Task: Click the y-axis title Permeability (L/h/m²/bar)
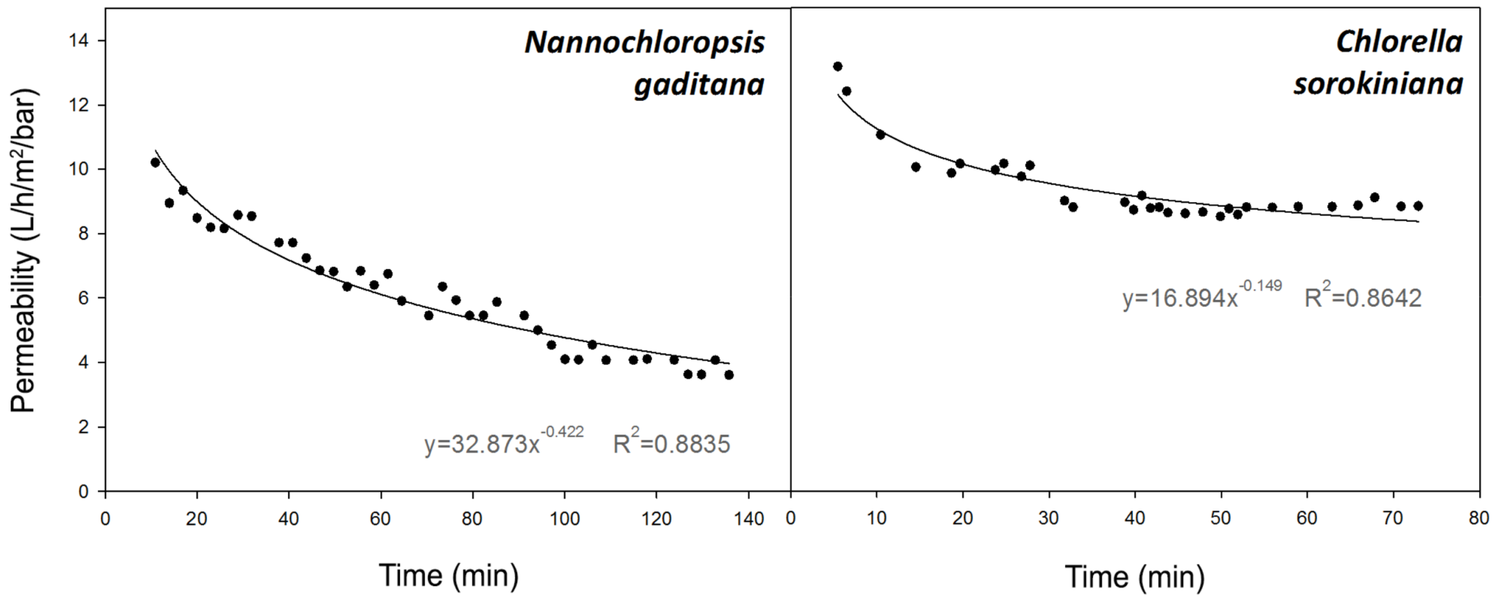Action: (x=24, y=250)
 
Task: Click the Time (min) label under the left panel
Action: (x=449, y=576)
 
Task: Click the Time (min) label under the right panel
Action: (x=1134, y=577)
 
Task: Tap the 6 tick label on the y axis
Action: (x=83, y=298)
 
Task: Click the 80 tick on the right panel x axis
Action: (x=1479, y=519)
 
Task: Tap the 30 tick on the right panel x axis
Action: (x=1048, y=519)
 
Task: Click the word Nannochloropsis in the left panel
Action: (x=644, y=43)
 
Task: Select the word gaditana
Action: (x=699, y=85)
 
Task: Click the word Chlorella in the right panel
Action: (x=1399, y=42)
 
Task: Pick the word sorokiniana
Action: (x=1378, y=85)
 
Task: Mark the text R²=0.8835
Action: (x=671, y=443)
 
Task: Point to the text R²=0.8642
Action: (x=1362, y=297)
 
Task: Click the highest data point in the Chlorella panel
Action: (x=837, y=66)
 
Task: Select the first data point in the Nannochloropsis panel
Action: (x=155, y=162)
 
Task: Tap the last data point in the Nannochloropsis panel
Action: (x=729, y=375)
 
